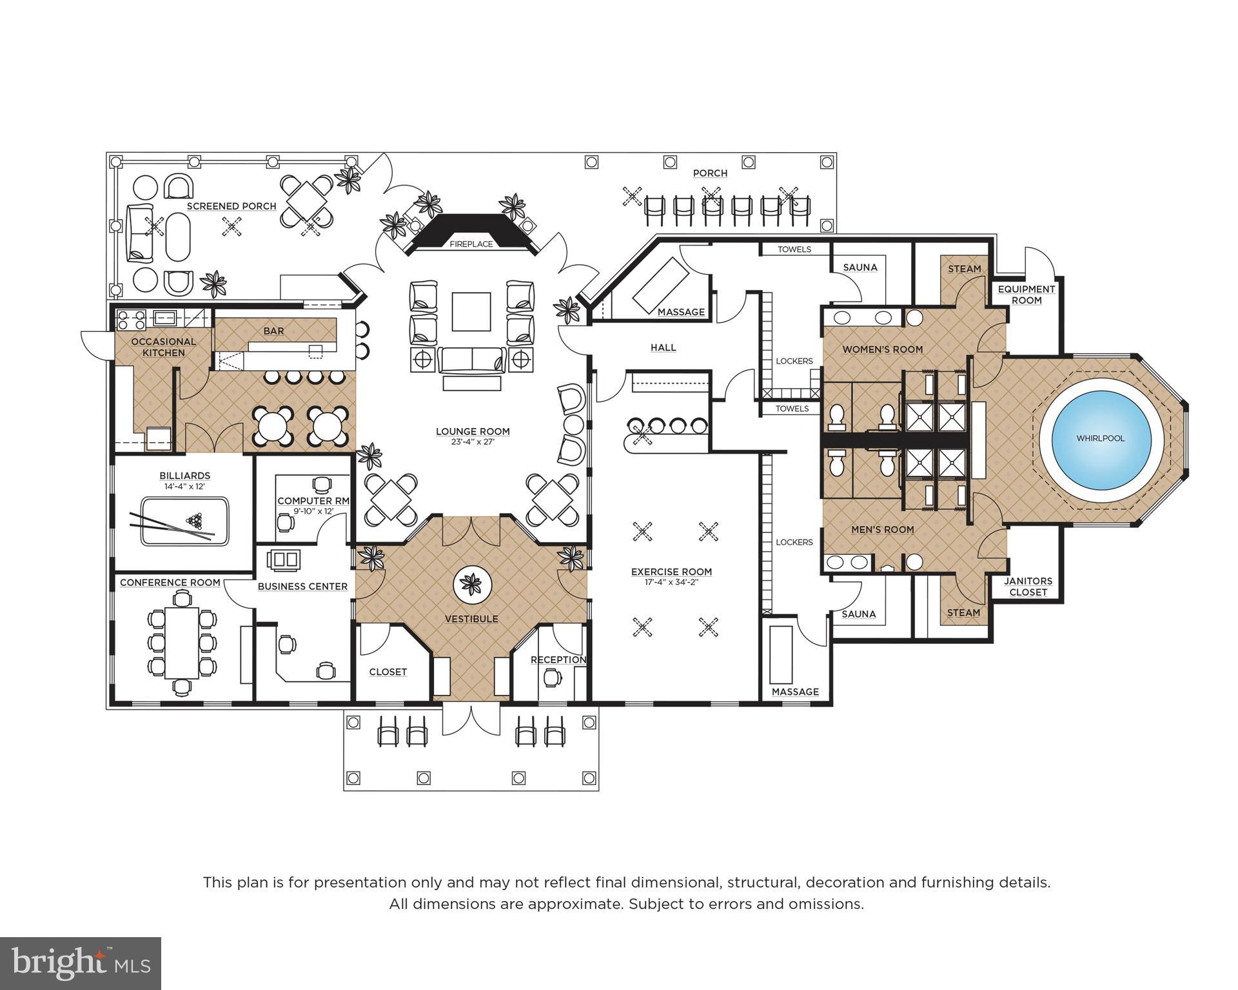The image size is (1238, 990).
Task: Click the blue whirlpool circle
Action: tap(1101, 438)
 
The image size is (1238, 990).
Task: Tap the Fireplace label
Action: tap(471, 244)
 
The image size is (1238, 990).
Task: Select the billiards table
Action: tap(184, 521)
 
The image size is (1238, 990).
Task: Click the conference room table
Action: tap(181, 642)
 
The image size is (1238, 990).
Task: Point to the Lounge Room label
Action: tap(473, 432)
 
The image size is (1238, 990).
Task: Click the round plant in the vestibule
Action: tap(473, 585)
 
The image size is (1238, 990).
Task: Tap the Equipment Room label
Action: tap(1027, 295)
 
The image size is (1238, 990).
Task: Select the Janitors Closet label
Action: tap(1028, 586)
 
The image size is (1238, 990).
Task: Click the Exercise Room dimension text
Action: tap(671, 583)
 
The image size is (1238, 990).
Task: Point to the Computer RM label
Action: tap(313, 501)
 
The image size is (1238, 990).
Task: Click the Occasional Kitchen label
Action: tap(164, 347)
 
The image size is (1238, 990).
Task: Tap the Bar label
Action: tap(273, 331)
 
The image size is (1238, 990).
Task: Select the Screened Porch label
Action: tap(231, 206)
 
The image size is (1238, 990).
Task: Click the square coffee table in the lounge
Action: tap(471, 311)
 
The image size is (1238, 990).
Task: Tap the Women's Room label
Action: tap(883, 349)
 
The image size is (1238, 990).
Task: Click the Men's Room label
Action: tap(883, 529)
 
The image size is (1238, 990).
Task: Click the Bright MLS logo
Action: tap(80, 963)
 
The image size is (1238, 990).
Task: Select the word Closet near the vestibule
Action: tap(388, 672)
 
